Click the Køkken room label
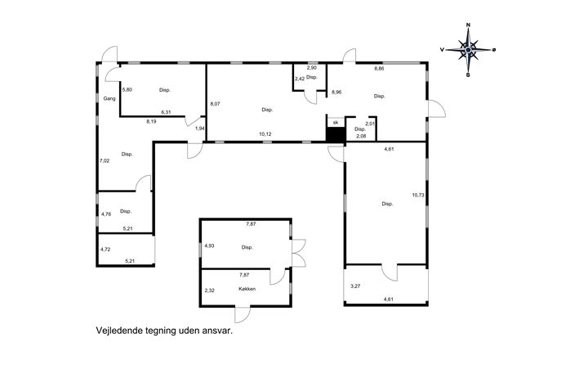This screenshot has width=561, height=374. (x=247, y=289)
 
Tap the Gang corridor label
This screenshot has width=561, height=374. (x=109, y=98)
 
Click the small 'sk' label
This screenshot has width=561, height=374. (x=336, y=122)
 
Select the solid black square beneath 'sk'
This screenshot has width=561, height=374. (x=336, y=135)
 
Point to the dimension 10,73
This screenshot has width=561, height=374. (x=418, y=195)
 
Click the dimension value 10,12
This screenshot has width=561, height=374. (x=265, y=134)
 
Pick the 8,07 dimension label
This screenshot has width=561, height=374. (x=215, y=104)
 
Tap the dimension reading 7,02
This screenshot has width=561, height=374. (x=105, y=160)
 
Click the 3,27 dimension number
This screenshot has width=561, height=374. (x=355, y=286)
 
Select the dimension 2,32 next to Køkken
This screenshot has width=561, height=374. (x=209, y=291)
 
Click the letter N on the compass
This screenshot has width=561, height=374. (x=468, y=25)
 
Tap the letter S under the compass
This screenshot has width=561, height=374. (x=468, y=75)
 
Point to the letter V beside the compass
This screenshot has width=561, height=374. (x=443, y=50)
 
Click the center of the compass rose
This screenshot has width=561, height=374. (x=468, y=50)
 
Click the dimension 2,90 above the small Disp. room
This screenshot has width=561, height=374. (x=312, y=68)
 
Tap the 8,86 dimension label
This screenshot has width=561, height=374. (x=379, y=69)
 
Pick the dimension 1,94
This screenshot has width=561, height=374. (x=199, y=128)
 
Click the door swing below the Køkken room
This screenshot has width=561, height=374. (x=242, y=315)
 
